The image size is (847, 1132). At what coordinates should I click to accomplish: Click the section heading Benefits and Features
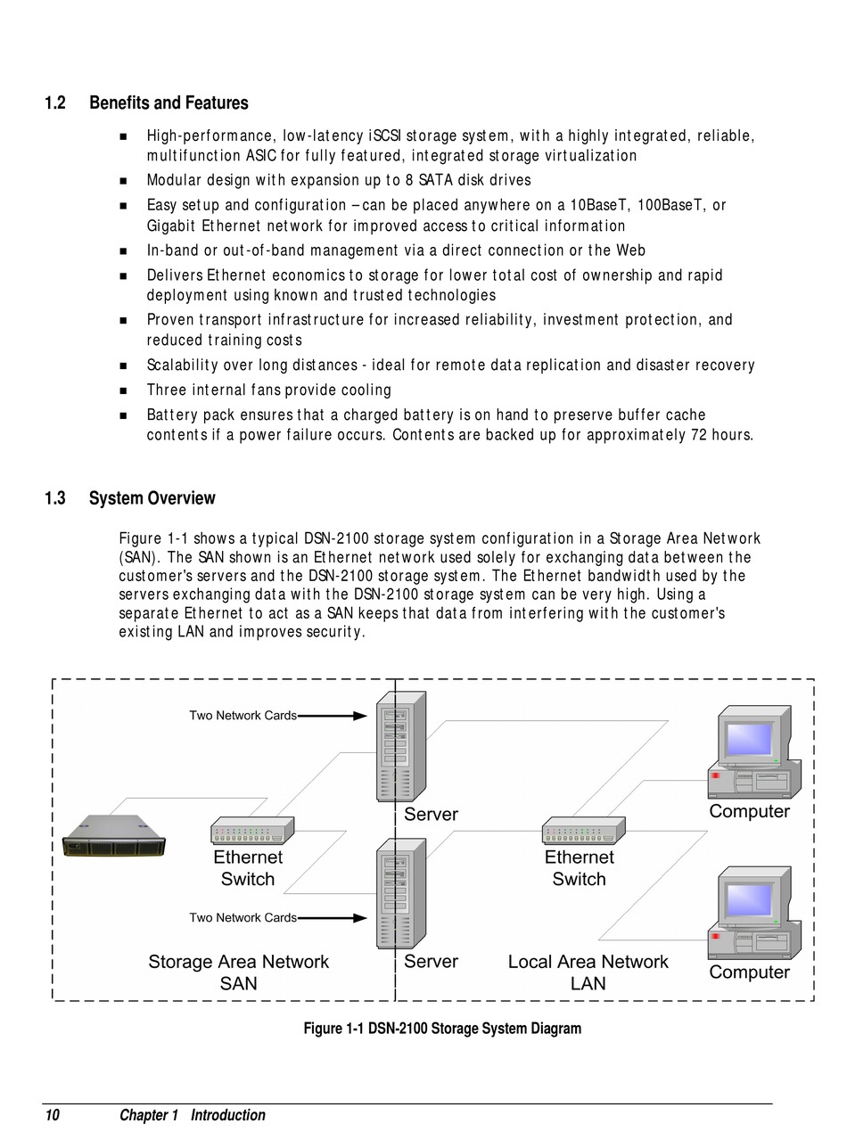click(169, 103)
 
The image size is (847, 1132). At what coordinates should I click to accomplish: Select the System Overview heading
click(152, 498)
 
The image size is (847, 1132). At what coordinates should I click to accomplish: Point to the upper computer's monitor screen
click(749, 738)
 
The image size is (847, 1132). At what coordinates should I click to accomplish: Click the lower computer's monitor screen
click(749, 899)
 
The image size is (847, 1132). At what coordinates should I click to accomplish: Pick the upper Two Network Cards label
click(243, 715)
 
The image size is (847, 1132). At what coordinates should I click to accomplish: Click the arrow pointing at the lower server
click(333, 917)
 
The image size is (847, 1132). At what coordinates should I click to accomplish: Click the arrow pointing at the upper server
click(333, 715)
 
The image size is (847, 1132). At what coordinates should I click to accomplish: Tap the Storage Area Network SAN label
click(238, 972)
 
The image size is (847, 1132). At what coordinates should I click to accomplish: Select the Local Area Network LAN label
click(588, 972)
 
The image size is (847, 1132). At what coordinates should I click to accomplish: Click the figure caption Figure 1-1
click(442, 1029)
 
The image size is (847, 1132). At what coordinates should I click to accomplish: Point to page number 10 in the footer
click(53, 1115)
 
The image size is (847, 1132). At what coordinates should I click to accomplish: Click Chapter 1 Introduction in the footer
click(193, 1115)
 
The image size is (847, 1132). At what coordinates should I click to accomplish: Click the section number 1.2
click(55, 103)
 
